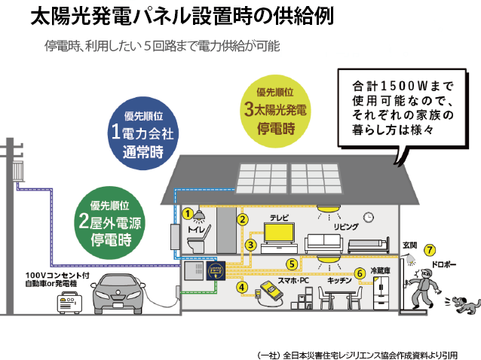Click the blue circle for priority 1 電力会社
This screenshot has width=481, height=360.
coord(143,133)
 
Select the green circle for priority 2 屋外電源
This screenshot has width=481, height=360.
coord(110,223)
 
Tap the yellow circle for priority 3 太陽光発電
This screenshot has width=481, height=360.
coord(275,111)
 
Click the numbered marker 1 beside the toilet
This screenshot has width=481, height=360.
coord(188,214)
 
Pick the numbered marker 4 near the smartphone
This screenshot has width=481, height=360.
coord(242,288)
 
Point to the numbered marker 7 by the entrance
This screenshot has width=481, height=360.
coord(430,250)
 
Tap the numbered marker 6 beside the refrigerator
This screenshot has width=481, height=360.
coord(360,273)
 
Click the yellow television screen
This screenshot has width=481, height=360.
coord(279,233)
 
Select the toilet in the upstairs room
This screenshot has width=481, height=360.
coord(198,239)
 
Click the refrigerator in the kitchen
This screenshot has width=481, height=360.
coord(381,293)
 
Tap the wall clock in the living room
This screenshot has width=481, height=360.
coord(369,217)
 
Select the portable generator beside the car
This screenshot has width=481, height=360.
coord(69,304)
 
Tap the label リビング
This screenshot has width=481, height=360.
coord(346,227)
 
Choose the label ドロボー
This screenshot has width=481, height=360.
coord(444,264)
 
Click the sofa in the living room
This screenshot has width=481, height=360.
coord(323,243)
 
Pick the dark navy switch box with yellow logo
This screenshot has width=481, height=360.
coord(216,270)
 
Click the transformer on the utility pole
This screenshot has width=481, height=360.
coord(18,171)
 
